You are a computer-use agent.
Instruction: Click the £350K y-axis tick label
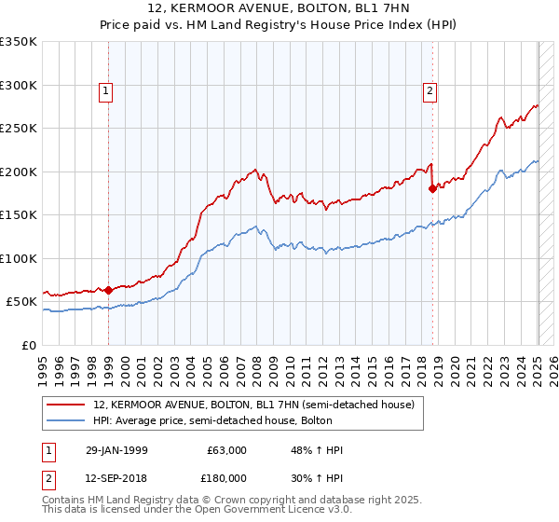pos(19,42)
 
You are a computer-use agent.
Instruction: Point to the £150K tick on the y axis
pos(19,214)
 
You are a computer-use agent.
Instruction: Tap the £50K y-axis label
pos(21,302)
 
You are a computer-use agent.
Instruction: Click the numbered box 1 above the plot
pos(107,90)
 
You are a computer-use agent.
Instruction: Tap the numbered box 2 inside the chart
pos(429,90)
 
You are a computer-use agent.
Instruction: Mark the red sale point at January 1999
pos(108,290)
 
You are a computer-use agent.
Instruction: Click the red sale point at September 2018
pos(432,188)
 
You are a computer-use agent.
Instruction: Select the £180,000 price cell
pos(224,477)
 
